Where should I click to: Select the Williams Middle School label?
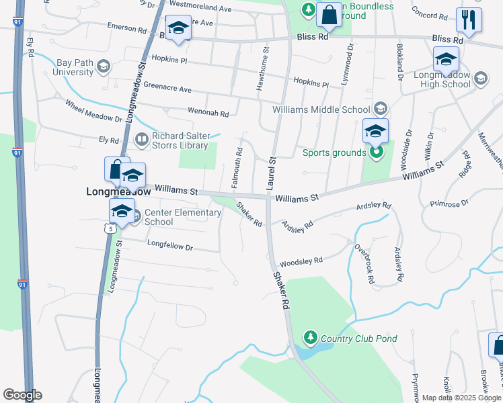pyautogui.click(x=321, y=109)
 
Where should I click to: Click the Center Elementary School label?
pyautogui.click(x=182, y=218)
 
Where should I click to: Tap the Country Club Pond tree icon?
pyautogui.click(x=310, y=336)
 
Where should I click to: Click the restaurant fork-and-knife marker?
pyautogui.click(x=469, y=20)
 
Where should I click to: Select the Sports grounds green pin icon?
pyautogui.click(x=377, y=152)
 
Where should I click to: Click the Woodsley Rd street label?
pyautogui.click(x=301, y=260)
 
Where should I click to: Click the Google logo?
pyautogui.click(x=22, y=395)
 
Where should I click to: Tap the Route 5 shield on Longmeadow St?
pyautogui.click(x=108, y=229)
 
